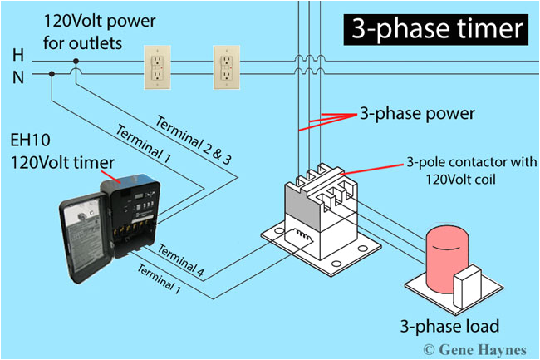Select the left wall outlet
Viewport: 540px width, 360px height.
[156, 67]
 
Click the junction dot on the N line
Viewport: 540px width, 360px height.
[52, 74]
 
